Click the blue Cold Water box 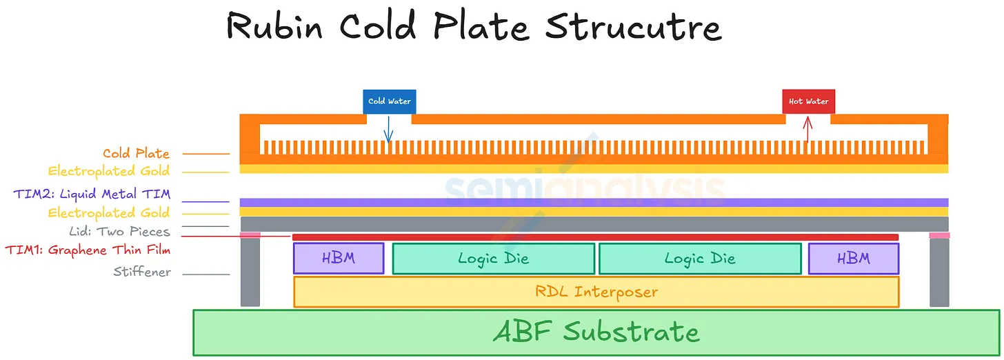[390, 102]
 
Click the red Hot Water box [809, 102]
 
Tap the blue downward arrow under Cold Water [389, 129]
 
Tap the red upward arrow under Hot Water [807, 129]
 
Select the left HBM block [339, 258]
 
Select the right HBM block [854, 258]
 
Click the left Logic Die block [494, 259]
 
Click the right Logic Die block [700, 259]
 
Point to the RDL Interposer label [596, 292]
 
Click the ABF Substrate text [596, 332]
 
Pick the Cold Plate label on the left [137, 153]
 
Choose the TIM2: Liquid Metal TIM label [92, 194]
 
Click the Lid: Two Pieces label [120, 231]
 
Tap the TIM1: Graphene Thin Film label [88, 250]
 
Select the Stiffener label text [142, 272]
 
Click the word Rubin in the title [274, 26]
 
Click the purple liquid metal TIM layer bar [594, 202]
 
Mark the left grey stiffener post [250, 272]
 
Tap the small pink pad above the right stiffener [939, 235]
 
